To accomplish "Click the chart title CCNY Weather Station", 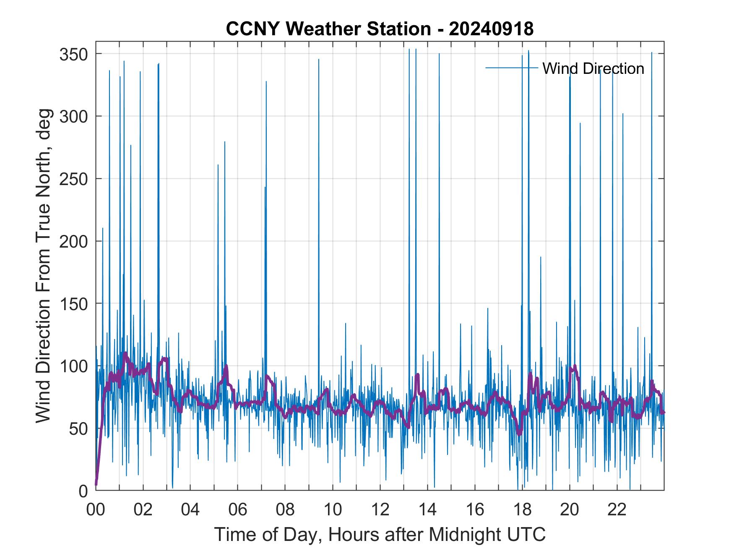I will pos(380,29).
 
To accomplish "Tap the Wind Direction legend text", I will pos(593,68).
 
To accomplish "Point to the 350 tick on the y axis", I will pos(74,54).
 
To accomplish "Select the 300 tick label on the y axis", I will pos(74,116).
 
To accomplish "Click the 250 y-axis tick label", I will pos(74,179).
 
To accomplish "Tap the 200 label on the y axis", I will pos(74,241).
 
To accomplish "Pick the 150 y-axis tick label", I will pos(74,303).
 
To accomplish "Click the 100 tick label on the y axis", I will pos(74,366).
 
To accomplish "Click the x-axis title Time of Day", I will pos(380,534).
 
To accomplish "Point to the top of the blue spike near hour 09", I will pos(319,60).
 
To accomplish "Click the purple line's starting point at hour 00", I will pos(96,484).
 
